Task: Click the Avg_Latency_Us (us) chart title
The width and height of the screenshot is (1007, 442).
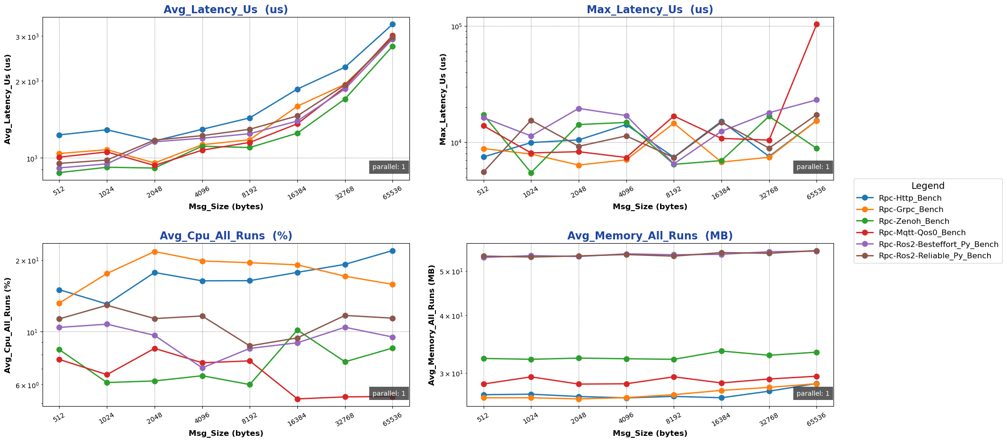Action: pyautogui.click(x=226, y=9)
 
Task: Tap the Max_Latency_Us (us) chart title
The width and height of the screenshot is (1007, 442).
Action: pyautogui.click(x=650, y=9)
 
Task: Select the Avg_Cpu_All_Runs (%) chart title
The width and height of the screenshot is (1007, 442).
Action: pyautogui.click(x=226, y=236)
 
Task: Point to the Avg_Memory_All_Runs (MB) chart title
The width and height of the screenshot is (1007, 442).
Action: pyautogui.click(x=650, y=236)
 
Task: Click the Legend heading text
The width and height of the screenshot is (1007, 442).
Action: pyautogui.click(x=928, y=186)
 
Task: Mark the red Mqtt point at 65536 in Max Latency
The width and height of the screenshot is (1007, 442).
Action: pyautogui.click(x=816, y=25)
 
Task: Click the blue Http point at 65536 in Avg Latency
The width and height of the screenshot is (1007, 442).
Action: pyautogui.click(x=392, y=24)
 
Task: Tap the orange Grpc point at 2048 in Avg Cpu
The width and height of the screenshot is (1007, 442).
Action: pyautogui.click(x=155, y=252)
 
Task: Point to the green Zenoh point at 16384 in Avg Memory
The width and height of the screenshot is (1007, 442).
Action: pyautogui.click(x=721, y=351)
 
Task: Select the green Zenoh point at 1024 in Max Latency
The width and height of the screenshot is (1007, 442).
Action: pyautogui.click(x=531, y=173)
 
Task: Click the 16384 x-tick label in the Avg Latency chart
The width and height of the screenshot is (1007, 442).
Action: pyautogui.click(x=298, y=192)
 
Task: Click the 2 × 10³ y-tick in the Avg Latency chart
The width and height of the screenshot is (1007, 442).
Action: pyautogui.click(x=28, y=82)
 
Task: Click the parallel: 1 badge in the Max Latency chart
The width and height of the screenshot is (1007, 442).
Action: pyautogui.click(x=813, y=167)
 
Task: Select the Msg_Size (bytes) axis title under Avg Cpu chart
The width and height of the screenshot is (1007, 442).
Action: pyautogui.click(x=226, y=433)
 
